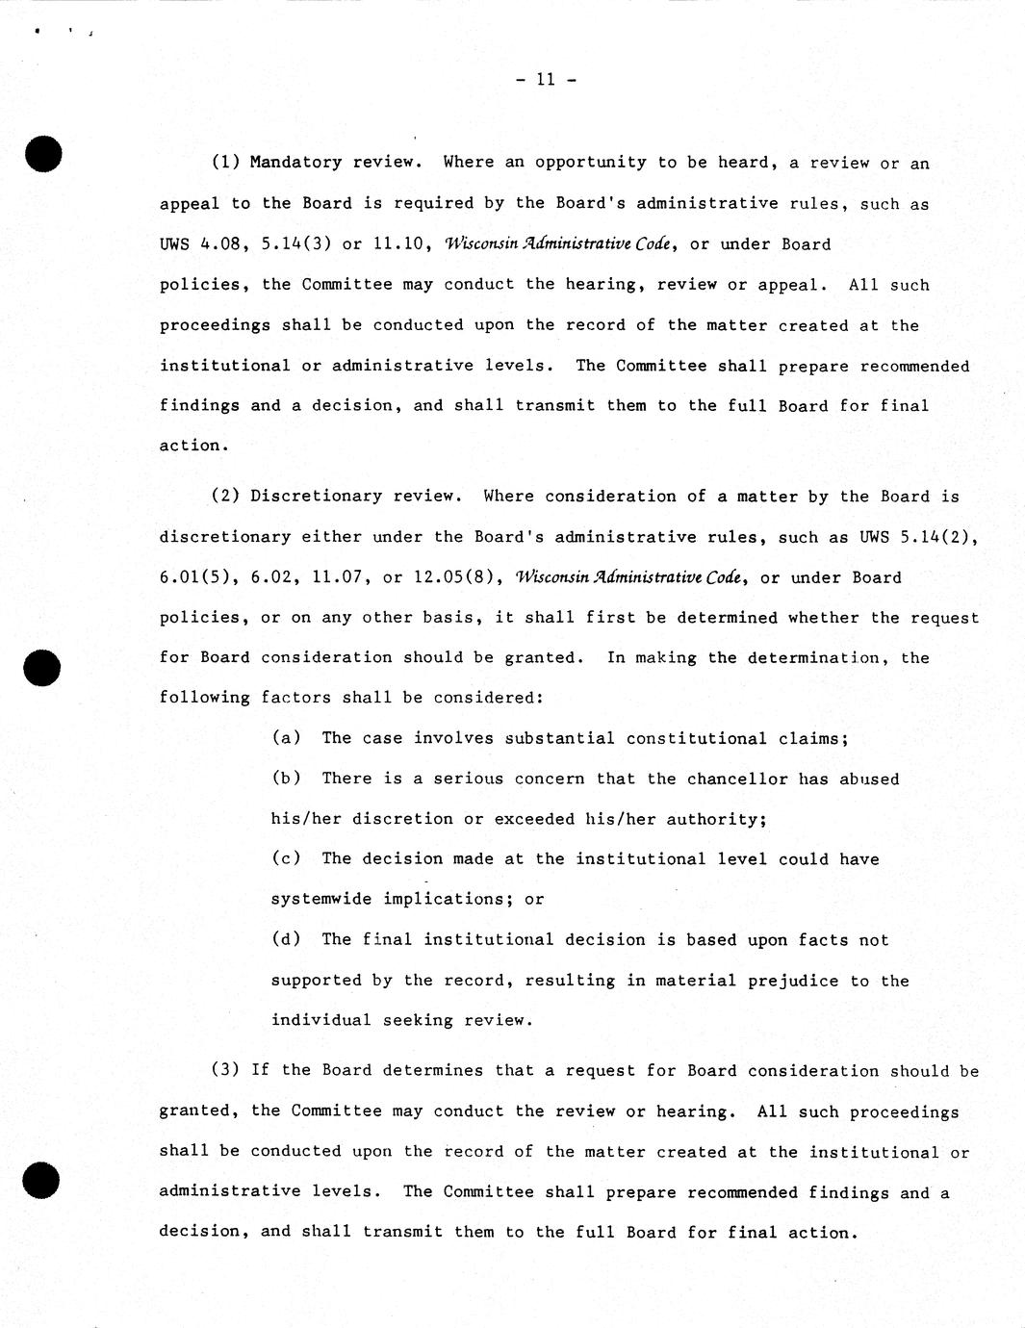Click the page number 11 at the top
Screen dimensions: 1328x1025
(x=546, y=80)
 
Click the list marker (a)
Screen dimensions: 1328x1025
(x=286, y=738)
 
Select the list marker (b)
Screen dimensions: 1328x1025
(x=286, y=779)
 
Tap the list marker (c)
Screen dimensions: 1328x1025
(x=286, y=858)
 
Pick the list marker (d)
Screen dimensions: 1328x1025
(x=286, y=939)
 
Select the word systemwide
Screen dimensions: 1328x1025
(x=321, y=899)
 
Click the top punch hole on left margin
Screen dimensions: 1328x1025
(x=44, y=155)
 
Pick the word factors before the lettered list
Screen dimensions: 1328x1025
(x=295, y=698)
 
